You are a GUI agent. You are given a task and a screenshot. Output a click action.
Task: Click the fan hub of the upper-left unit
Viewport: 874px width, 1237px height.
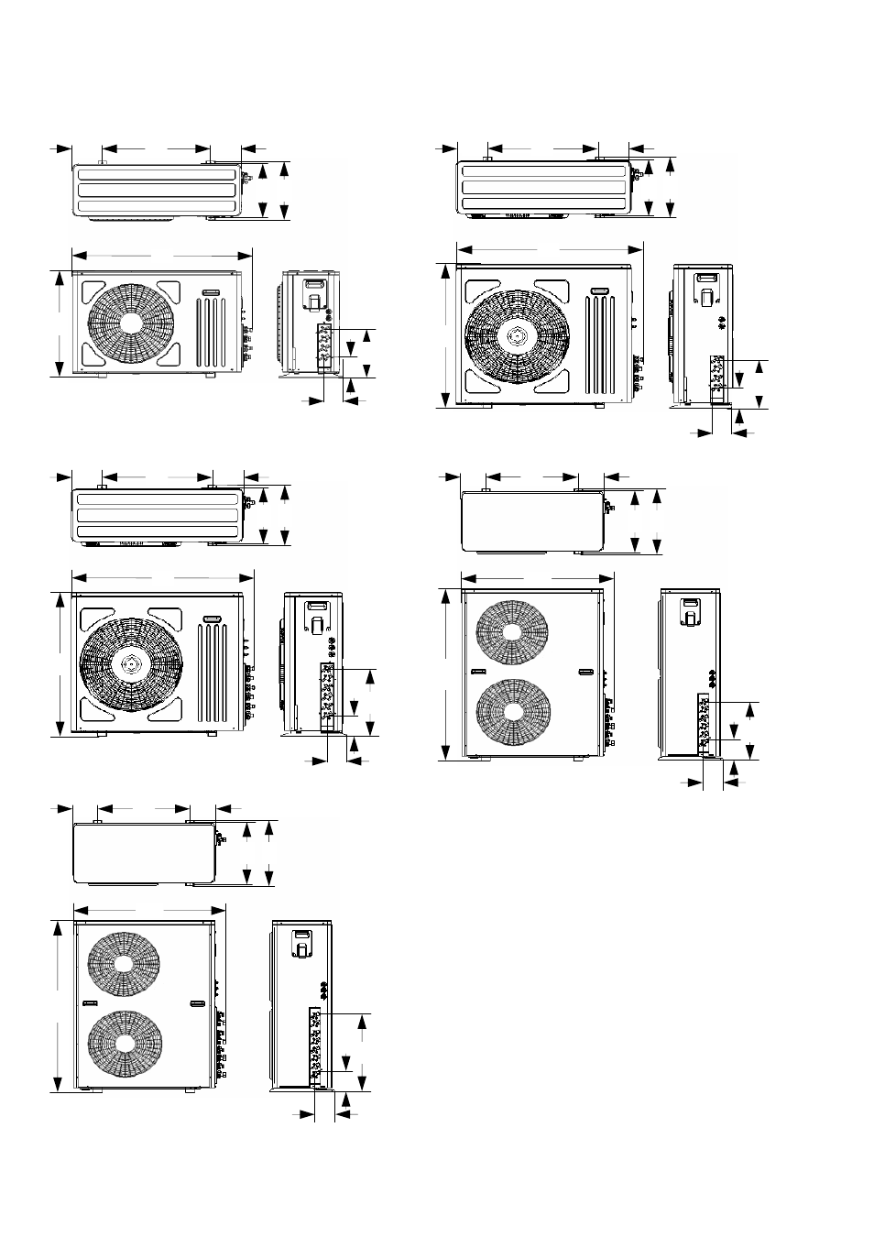(127, 323)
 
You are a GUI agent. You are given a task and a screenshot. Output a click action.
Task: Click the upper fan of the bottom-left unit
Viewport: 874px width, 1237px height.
(123, 965)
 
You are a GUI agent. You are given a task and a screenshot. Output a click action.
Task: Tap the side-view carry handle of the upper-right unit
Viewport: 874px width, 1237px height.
(707, 290)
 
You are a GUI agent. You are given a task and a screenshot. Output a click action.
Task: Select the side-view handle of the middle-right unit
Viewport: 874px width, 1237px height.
(689, 611)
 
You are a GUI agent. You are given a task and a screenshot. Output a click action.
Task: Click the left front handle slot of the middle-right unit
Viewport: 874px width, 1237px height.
(477, 673)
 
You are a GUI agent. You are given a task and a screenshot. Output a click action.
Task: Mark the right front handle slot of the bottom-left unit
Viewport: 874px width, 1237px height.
(196, 1004)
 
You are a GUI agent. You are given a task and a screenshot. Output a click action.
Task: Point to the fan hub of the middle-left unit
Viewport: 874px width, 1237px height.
(127, 662)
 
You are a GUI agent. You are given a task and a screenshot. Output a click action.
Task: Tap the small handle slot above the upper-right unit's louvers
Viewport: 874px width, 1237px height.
(601, 291)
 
